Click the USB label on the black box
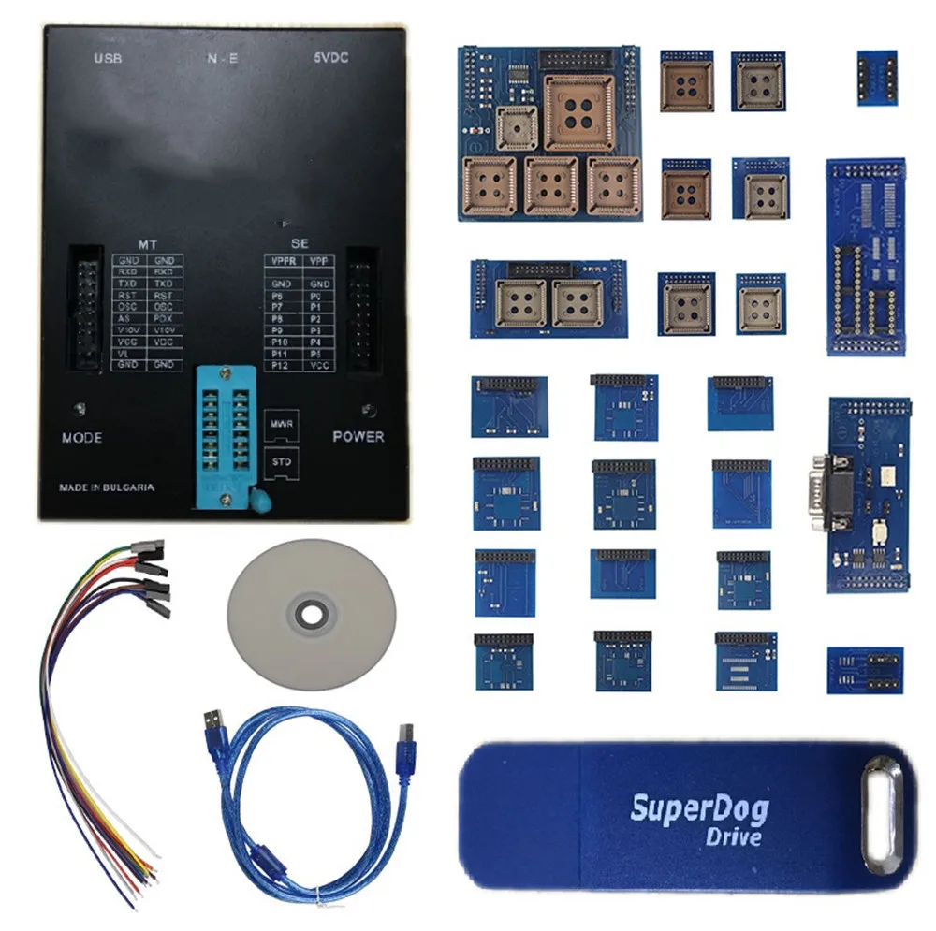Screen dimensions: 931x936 click(109, 59)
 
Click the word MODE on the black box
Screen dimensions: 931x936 click(82, 438)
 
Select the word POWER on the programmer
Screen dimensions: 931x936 click(358, 436)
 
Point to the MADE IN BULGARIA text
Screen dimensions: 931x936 click(107, 487)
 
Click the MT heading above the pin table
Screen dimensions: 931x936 click(148, 243)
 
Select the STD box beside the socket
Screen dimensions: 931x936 click(279, 462)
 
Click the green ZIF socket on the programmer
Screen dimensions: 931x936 click(226, 435)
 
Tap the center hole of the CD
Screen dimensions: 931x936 click(311, 615)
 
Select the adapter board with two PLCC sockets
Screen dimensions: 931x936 click(548, 298)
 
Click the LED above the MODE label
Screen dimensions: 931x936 click(83, 409)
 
